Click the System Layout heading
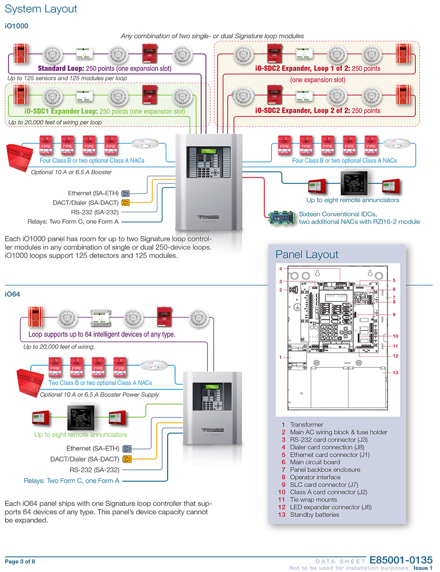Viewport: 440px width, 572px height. (41, 9)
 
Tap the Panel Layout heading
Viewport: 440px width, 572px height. (307, 255)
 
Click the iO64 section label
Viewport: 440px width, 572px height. (12, 294)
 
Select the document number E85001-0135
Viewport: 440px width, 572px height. (401, 560)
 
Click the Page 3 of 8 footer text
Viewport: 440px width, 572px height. (20, 561)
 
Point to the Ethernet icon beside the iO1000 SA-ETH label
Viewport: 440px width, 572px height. (125, 193)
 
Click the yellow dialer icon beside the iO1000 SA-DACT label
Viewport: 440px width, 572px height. (125, 203)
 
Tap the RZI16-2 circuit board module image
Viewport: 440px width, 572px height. (282, 218)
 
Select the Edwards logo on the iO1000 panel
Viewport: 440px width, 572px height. (209, 216)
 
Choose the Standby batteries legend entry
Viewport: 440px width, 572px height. (314, 515)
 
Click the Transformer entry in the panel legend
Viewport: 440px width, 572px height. (306, 425)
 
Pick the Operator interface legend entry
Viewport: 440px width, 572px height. (315, 477)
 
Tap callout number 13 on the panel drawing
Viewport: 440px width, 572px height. (396, 373)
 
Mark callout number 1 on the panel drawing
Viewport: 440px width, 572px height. (280, 357)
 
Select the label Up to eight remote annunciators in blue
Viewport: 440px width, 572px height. (352, 200)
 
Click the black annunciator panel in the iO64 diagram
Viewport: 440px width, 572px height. (81, 418)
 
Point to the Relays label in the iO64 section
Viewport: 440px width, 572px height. (71, 481)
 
